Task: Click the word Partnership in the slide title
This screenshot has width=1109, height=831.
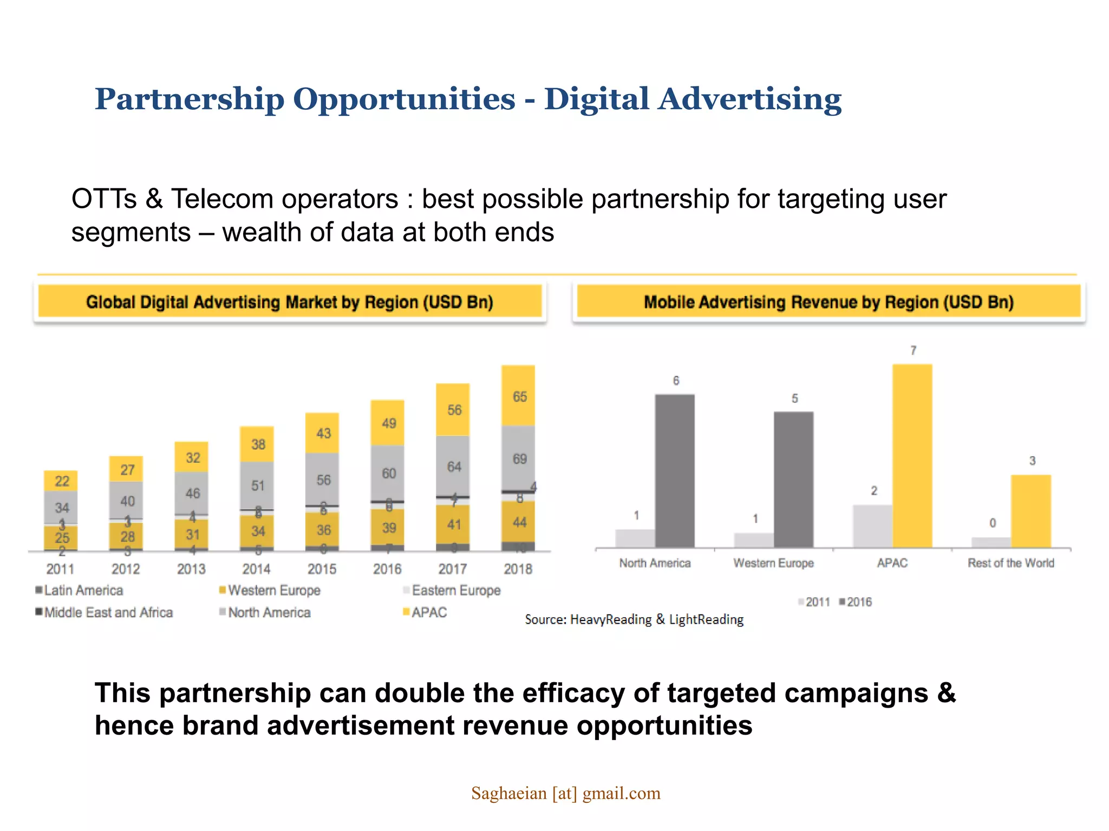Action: point(189,100)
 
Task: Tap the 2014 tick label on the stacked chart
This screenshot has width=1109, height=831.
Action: point(256,569)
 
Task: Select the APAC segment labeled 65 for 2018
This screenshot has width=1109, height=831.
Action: point(519,396)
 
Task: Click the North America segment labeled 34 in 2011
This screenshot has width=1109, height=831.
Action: point(61,507)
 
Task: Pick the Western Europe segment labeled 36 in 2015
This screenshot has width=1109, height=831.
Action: point(323,530)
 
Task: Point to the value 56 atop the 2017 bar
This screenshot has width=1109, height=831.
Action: point(454,410)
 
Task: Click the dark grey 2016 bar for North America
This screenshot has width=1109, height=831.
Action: point(675,471)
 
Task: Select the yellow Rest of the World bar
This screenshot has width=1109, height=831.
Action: point(1031,511)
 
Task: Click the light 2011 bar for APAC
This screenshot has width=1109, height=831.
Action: point(872,526)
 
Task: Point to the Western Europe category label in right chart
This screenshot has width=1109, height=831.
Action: point(773,563)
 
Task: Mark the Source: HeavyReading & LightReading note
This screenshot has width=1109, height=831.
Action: point(634,619)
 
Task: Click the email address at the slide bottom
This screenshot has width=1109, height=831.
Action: point(565,793)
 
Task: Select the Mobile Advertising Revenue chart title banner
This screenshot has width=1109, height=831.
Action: point(829,302)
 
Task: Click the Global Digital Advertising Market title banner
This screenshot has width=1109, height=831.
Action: point(290,302)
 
